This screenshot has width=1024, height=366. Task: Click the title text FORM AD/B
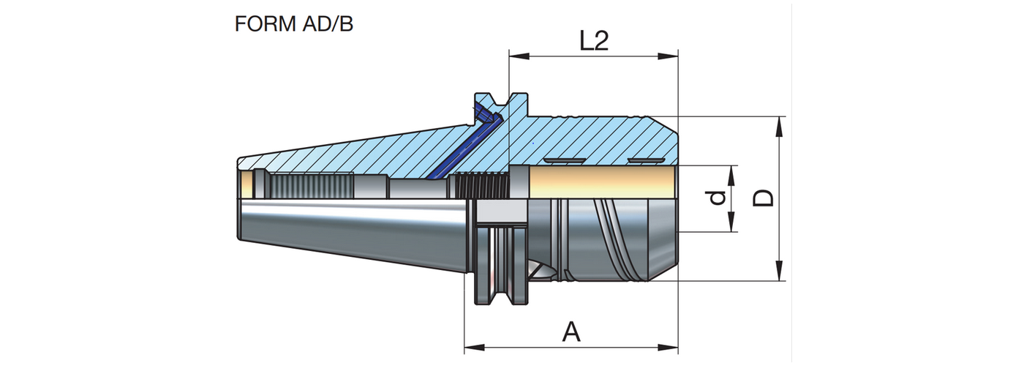click(x=293, y=24)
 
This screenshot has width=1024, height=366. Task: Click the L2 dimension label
click(x=594, y=41)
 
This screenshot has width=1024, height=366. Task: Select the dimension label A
click(x=571, y=333)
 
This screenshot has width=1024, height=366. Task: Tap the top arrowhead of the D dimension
click(x=780, y=124)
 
